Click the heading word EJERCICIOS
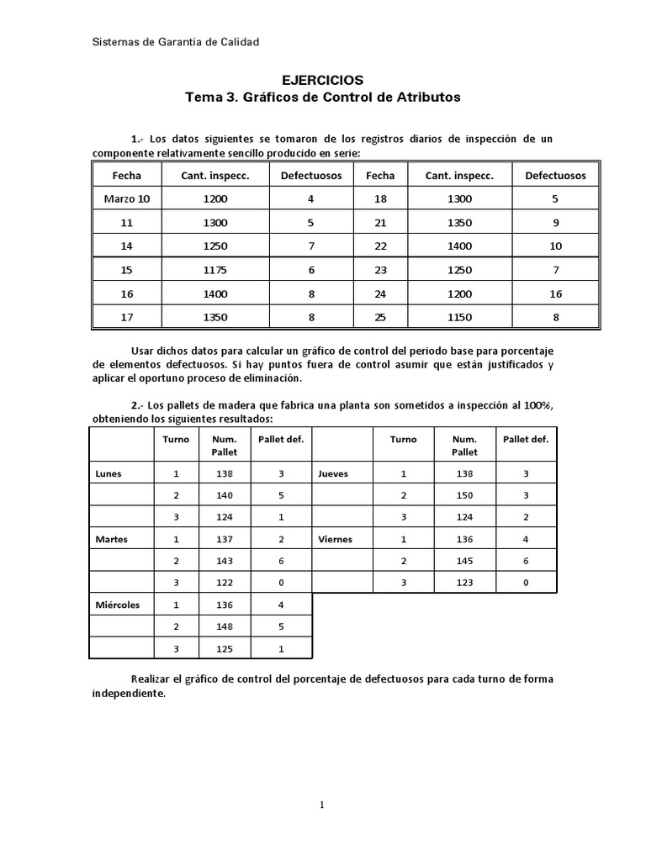pos(323,81)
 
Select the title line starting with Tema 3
pos(323,98)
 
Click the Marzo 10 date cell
pos(127,199)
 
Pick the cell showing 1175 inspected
pos(215,270)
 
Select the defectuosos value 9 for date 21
pos(556,223)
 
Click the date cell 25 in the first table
pos(380,317)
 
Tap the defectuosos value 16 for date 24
pos(556,293)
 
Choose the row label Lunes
pos(109,473)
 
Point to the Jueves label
pos(333,473)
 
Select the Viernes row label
pos(336,539)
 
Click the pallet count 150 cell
pos(463,495)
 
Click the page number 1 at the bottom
pos(322,805)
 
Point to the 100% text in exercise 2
pos(537,405)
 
